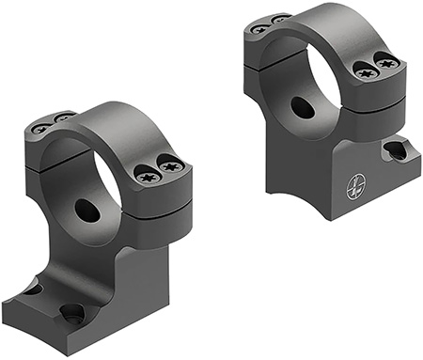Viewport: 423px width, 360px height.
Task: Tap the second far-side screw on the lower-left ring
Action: tap(63, 117)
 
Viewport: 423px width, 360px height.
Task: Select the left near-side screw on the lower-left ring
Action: tap(147, 174)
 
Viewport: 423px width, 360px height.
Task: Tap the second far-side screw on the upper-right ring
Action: tap(279, 20)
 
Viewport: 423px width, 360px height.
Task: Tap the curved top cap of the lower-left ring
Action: tap(113, 117)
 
